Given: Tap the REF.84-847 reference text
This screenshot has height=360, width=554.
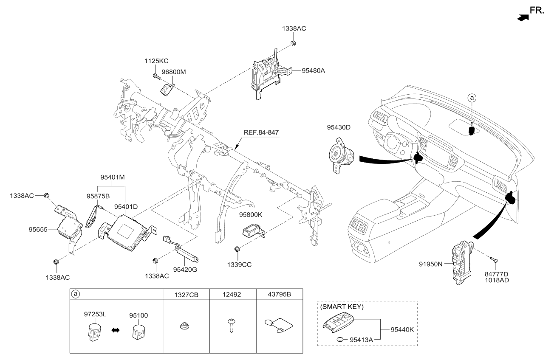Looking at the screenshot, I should coord(261,132).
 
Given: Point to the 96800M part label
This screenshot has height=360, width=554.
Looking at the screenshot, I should coord(173,72).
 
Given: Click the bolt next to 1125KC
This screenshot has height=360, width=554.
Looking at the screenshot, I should coord(155,76).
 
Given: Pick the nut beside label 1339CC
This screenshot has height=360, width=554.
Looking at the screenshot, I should coord(237,248).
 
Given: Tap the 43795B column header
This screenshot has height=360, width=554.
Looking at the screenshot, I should coord(280,294).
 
